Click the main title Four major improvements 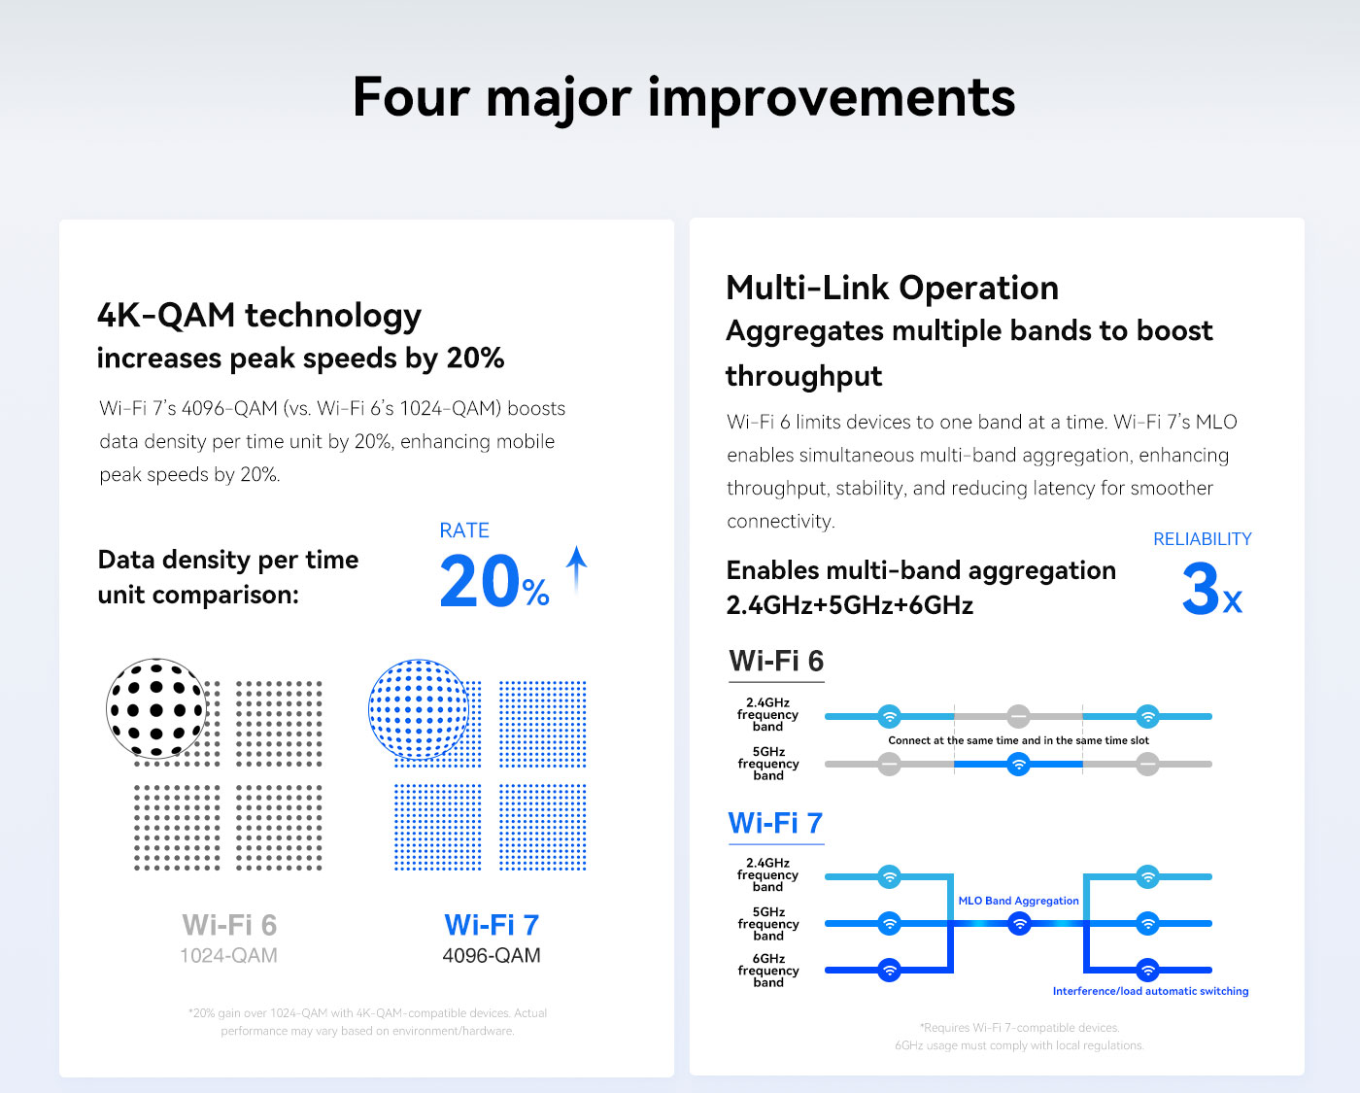click(x=683, y=97)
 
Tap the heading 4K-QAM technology click(x=259, y=316)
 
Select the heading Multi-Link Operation click(x=893, y=288)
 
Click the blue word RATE click(x=464, y=529)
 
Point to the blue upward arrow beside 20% click(x=576, y=569)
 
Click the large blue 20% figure click(x=494, y=580)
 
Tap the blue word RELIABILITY click(x=1202, y=538)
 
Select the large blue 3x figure click(x=1212, y=589)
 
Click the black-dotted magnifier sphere click(x=156, y=708)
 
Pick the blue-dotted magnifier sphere click(x=419, y=709)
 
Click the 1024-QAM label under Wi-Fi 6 click(x=229, y=955)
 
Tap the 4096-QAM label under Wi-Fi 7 click(x=492, y=955)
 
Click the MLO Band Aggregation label click(x=1018, y=901)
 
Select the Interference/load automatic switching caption click(x=1150, y=991)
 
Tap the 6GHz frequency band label click(x=768, y=971)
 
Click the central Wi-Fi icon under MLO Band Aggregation click(x=1019, y=924)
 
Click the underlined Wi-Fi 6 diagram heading click(x=776, y=662)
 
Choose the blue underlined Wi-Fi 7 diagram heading click(x=775, y=823)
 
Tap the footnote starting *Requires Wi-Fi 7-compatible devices click(x=1019, y=1027)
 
